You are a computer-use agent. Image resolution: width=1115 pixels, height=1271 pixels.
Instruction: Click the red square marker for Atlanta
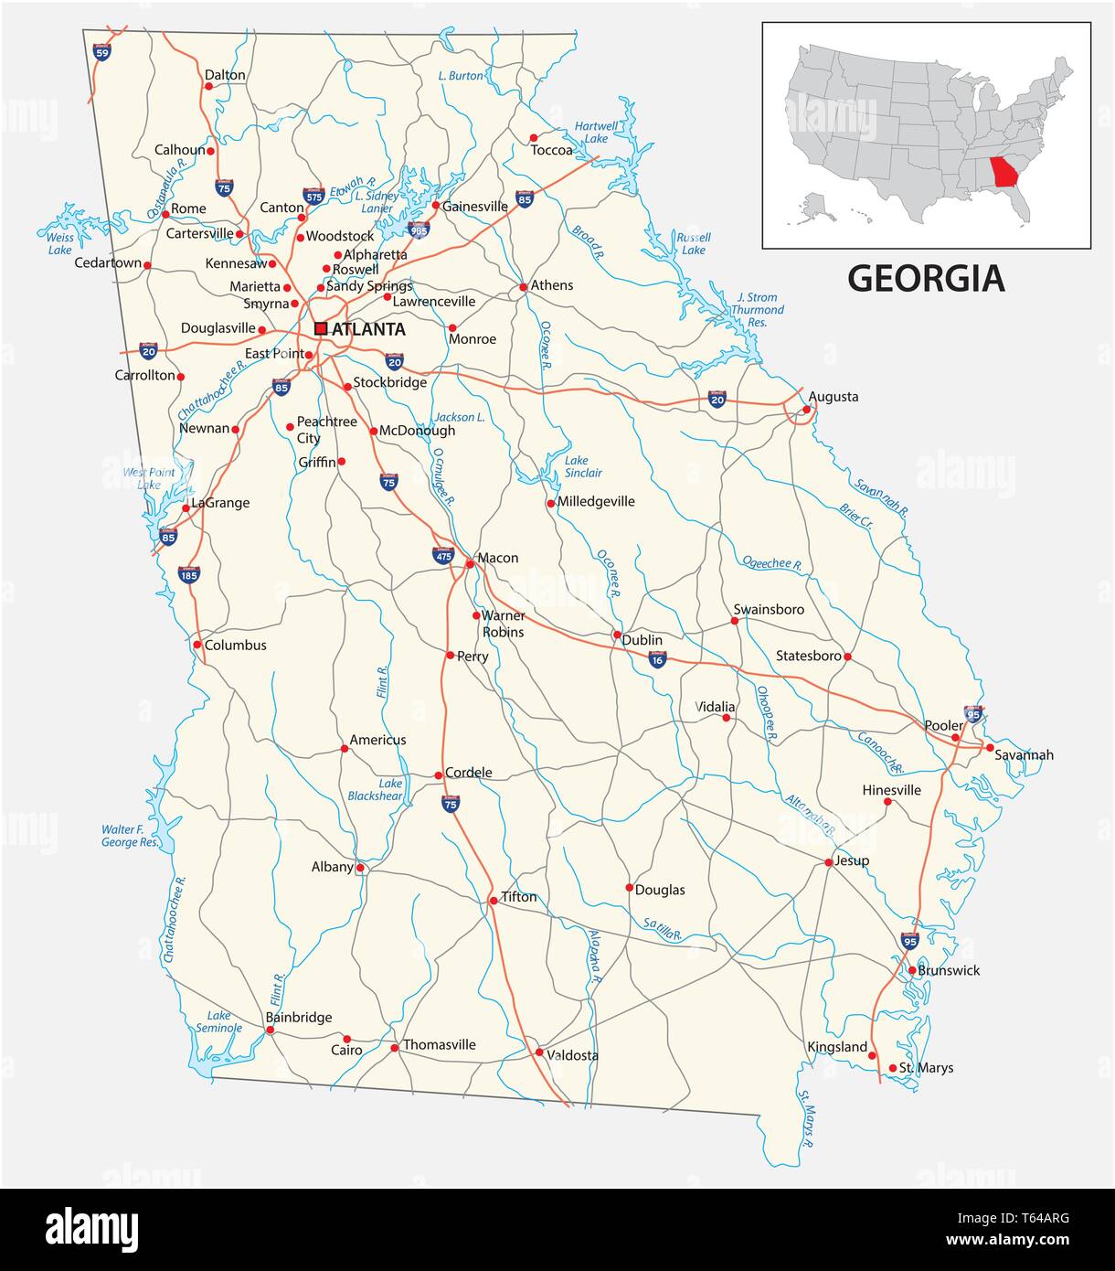tap(321, 328)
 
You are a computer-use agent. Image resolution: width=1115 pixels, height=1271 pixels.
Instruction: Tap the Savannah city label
tap(1024, 754)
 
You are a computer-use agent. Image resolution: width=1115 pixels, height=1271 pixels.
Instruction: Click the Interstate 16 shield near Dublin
tap(657, 659)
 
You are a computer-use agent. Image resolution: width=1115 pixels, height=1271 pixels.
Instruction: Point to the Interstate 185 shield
tap(189, 574)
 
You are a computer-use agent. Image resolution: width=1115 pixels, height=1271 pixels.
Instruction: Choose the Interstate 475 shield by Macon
tap(443, 555)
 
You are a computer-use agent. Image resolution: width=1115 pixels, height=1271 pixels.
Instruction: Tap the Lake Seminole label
tap(218, 1021)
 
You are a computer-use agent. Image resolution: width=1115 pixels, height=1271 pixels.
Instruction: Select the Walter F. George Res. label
tap(130, 836)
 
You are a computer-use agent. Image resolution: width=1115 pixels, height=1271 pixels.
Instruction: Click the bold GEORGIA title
tap(926, 278)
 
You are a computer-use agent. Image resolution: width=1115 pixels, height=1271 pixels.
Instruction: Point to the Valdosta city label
tap(572, 1055)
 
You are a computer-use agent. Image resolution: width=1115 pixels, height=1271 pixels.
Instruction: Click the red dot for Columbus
tap(197, 645)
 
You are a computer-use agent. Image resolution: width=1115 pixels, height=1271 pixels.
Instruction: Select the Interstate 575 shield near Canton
tap(313, 196)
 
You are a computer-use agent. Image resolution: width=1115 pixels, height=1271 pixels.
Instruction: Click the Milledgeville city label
tap(596, 501)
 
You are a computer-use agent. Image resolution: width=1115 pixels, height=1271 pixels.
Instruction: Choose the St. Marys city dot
tap(893, 1068)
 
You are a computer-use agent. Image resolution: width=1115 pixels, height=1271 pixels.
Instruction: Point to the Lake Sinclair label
tap(583, 466)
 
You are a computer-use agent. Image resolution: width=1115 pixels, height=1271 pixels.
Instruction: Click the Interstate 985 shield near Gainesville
tap(419, 230)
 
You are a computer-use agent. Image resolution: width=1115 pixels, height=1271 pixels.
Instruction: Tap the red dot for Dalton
tap(208, 87)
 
